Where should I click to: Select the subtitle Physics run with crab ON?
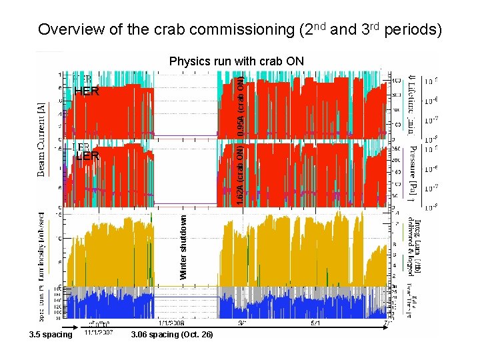click(x=237, y=61)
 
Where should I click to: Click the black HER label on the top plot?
click(x=87, y=92)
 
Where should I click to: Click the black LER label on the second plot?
click(x=87, y=157)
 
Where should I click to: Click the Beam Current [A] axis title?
click(x=42, y=140)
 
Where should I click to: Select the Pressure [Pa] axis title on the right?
click(x=413, y=172)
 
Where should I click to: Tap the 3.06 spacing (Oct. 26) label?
click(x=173, y=334)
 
